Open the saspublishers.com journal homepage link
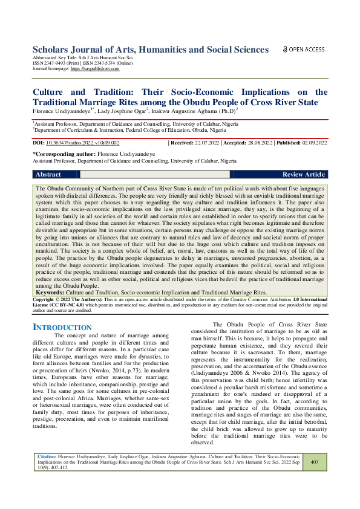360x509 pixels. (x=95, y=69)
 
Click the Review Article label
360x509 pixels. (x=303, y=174)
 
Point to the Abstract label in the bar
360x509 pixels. (x=48, y=174)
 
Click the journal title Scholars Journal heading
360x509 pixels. (x=151, y=49)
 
